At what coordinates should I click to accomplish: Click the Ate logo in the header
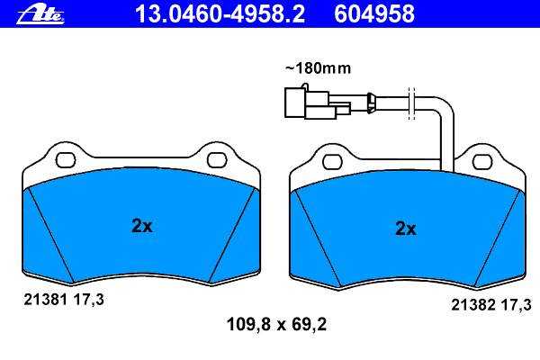40,14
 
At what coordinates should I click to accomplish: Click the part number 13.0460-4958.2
220,13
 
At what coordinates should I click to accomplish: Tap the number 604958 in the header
374,13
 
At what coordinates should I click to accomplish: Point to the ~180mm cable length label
318,68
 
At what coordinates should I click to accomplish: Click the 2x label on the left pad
142,226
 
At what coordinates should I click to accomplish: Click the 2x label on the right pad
406,228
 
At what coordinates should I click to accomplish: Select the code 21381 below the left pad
45,300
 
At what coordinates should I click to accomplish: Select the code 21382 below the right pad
473,304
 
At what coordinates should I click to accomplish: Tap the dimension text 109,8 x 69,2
276,324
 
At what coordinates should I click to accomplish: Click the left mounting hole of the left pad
66,160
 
